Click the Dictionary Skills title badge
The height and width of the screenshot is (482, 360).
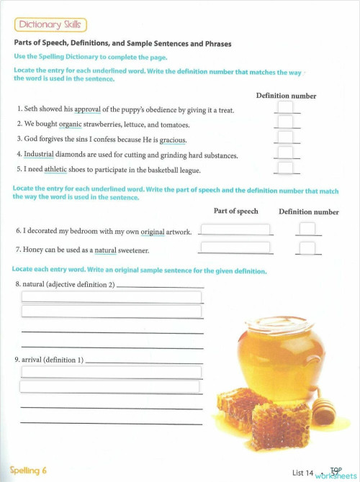(50, 25)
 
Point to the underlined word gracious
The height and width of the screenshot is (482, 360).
(174, 140)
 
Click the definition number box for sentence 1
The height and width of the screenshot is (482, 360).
(285, 108)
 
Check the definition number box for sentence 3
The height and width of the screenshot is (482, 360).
(285, 137)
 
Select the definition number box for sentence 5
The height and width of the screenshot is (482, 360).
(285, 168)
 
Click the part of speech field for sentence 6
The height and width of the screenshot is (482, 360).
(235, 229)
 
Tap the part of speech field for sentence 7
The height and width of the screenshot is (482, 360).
(235, 247)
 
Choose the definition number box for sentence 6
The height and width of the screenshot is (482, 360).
(307, 229)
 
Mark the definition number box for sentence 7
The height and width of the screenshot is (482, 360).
(307, 248)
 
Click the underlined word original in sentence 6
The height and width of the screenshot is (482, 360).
(153, 232)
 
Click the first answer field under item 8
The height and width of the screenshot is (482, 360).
(112, 297)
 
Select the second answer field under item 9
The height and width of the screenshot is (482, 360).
(109, 386)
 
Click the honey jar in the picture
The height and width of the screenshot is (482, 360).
(277, 356)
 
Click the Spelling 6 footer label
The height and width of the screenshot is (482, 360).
(29, 470)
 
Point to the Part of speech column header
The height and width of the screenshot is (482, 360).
(235, 212)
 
